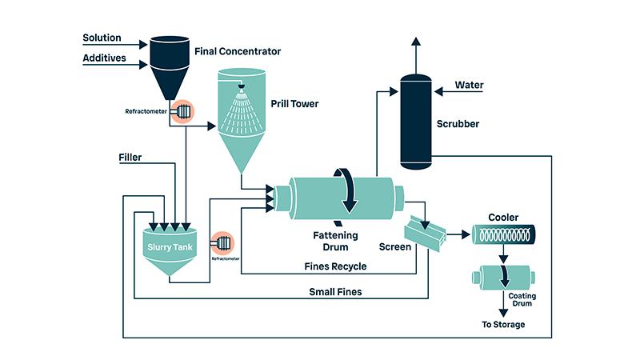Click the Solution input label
pos(102,38)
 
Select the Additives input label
pos(102,58)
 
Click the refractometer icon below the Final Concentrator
pos(182,111)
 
